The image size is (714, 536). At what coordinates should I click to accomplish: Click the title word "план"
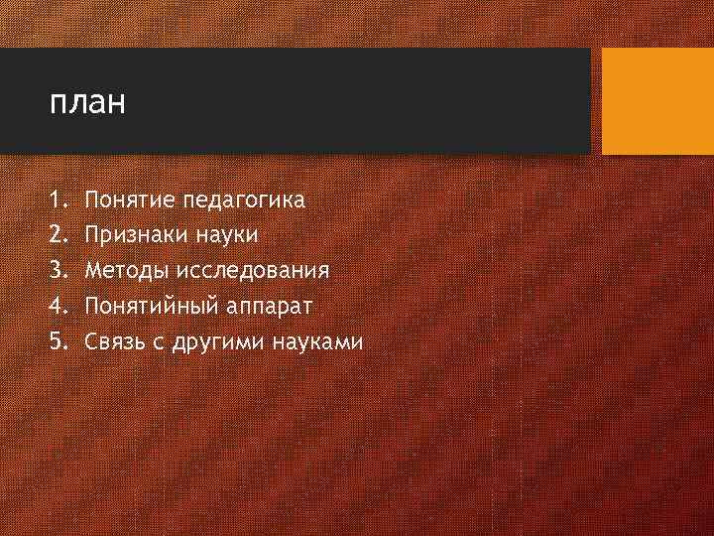point(87,103)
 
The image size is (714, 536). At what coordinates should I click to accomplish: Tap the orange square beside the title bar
point(657,101)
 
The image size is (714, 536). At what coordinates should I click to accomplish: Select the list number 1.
point(56,201)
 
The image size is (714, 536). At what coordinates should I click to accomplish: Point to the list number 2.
point(57,235)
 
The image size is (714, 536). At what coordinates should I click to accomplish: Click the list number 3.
point(57,270)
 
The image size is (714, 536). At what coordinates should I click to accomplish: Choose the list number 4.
point(57,306)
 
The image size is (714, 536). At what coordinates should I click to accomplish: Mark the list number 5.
point(57,341)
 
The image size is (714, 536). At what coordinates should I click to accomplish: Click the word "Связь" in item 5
point(116,341)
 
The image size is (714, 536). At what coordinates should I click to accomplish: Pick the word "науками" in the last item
point(320,342)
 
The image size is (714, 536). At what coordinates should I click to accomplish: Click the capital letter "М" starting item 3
point(93,270)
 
